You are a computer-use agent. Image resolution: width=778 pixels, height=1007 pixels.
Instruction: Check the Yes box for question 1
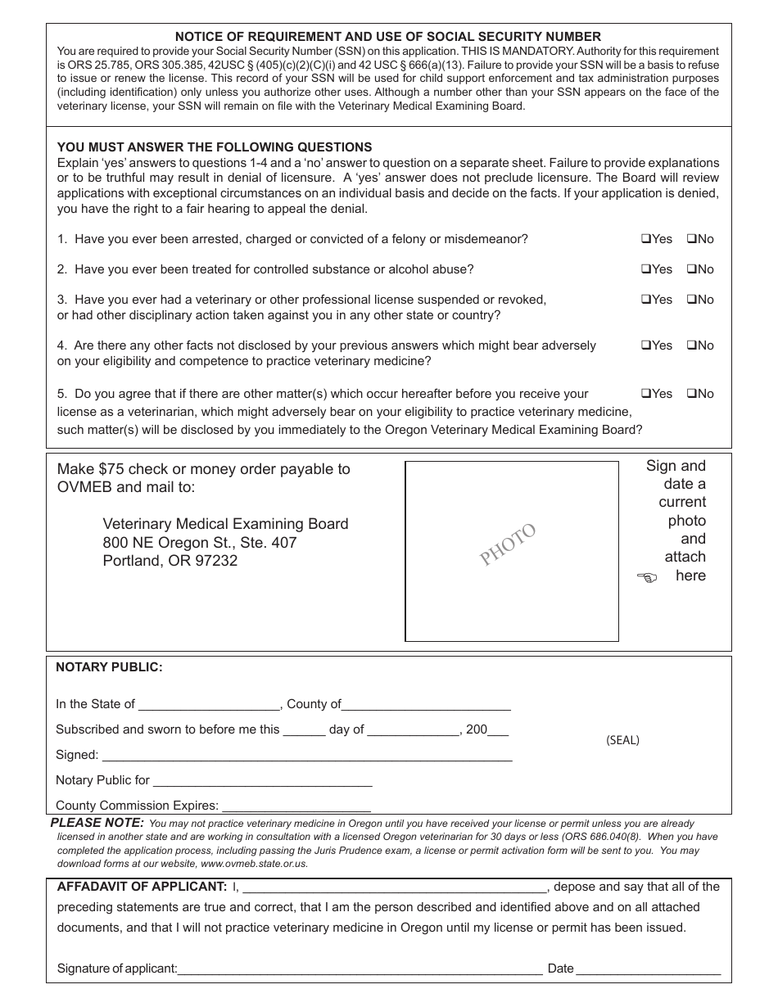pyautogui.click(x=645, y=239)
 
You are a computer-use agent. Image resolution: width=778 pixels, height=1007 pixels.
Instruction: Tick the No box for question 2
pyautogui.click(x=690, y=269)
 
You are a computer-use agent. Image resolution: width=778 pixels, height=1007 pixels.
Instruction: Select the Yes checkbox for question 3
pyautogui.click(x=645, y=300)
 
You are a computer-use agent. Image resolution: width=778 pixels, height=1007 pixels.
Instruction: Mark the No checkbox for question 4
pyautogui.click(x=690, y=345)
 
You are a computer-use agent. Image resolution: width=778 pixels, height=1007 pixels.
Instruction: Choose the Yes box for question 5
pyautogui.click(x=645, y=394)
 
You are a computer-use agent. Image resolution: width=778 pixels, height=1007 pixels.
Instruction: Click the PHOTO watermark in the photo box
pyautogui.click(x=508, y=544)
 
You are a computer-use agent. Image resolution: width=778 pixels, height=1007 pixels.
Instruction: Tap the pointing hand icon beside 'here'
pyautogui.click(x=647, y=578)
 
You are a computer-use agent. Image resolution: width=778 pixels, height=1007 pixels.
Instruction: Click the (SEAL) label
pyautogui.click(x=622, y=740)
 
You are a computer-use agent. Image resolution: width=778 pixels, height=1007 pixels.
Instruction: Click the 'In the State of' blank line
pyautogui.click(x=209, y=705)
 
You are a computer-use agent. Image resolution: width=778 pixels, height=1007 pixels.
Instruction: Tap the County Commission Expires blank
pyautogui.click(x=296, y=806)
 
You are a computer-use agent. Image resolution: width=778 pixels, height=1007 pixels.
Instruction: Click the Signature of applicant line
pyautogui.click(x=360, y=969)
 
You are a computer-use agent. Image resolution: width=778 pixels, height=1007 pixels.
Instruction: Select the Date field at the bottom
pyautogui.click(x=649, y=969)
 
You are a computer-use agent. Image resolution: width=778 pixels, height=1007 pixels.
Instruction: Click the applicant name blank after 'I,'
pyautogui.click(x=395, y=887)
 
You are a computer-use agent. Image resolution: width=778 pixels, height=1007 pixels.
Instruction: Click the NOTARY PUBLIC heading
pyautogui.click(x=109, y=667)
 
